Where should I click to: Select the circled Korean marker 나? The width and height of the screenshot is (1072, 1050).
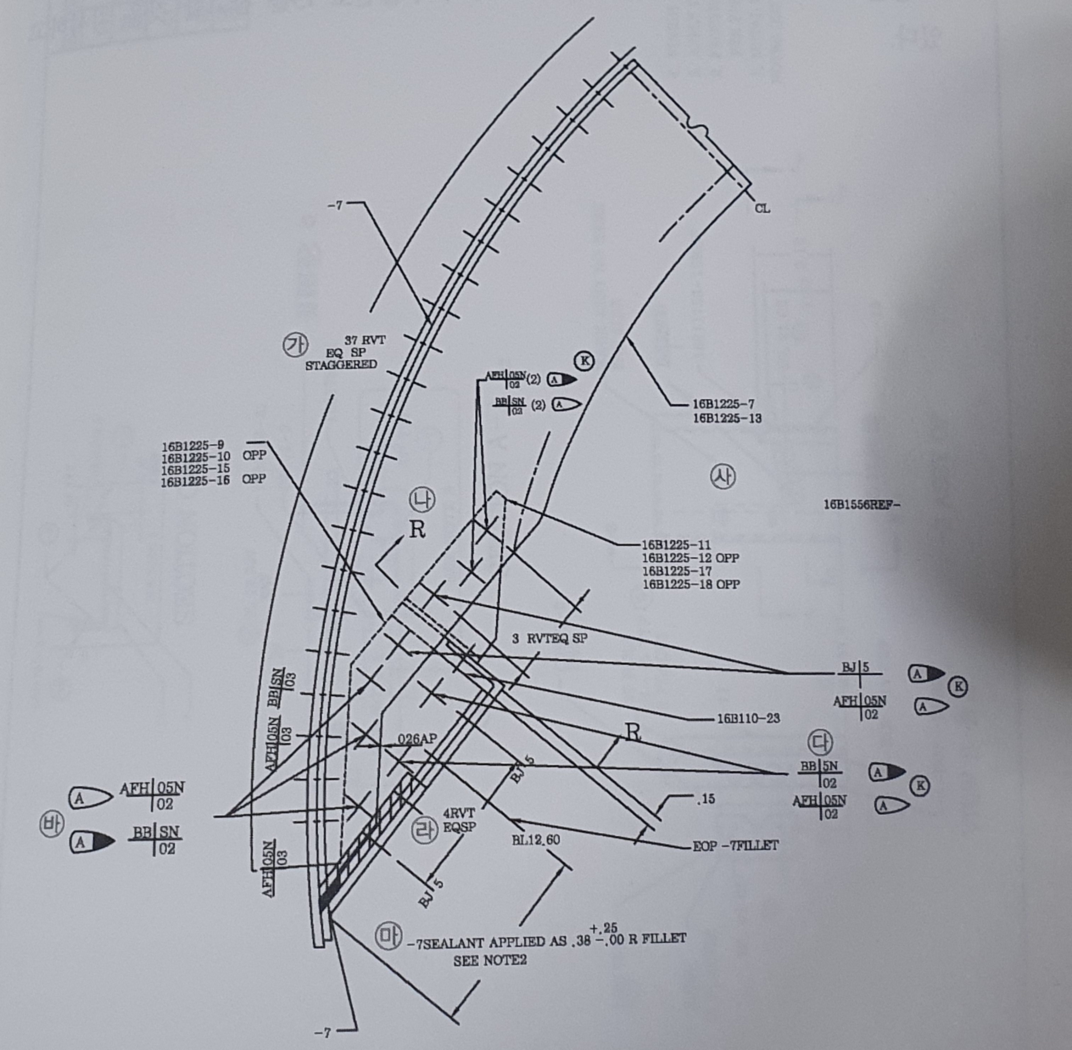[x=422, y=500]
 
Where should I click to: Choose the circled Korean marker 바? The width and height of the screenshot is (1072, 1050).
[x=51, y=826]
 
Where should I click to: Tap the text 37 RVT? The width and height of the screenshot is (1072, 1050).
[x=365, y=340]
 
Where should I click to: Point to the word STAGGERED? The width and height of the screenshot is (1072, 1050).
[x=341, y=365]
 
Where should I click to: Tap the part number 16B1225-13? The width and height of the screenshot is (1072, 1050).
[x=727, y=418]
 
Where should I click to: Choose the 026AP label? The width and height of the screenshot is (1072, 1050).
[x=417, y=739]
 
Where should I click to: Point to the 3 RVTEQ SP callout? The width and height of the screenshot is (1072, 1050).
[x=549, y=639]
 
